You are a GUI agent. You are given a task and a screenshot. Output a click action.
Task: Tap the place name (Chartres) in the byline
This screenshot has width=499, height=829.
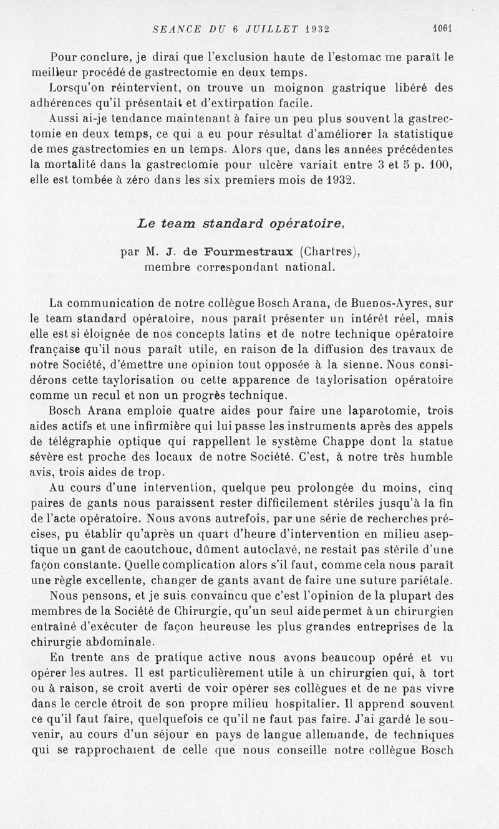331,252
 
